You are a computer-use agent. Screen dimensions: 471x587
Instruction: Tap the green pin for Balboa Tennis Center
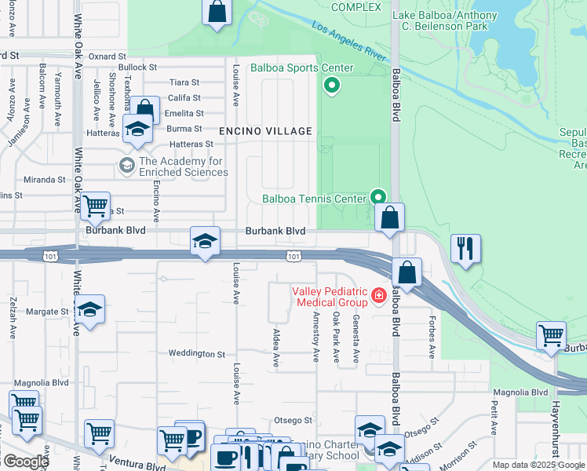tap(378, 197)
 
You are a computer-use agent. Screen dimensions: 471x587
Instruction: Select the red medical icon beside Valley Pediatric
tap(378, 296)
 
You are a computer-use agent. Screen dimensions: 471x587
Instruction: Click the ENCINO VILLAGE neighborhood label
tap(265, 131)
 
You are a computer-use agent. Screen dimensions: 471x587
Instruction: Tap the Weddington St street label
tap(197, 354)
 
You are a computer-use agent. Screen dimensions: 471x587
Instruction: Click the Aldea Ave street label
tap(276, 349)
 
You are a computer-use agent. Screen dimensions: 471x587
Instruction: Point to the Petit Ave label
tap(494, 418)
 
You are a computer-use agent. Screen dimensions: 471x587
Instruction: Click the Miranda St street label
tap(44, 180)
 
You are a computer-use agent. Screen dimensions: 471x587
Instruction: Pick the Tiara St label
tap(185, 82)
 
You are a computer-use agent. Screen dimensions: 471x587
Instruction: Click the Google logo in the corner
tap(25, 462)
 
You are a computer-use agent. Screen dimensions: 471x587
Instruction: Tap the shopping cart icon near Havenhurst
tap(551, 335)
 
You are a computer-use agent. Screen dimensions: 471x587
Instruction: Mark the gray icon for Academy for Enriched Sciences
tap(126, 165)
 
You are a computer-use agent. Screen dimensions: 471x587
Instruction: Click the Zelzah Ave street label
tap(13, 311)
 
